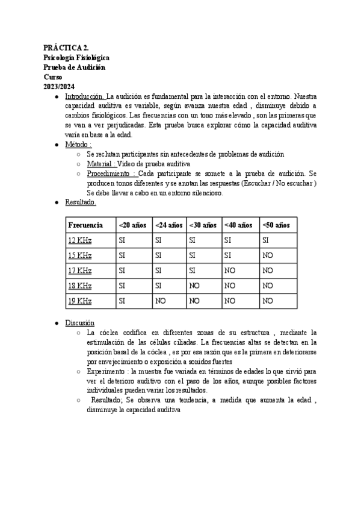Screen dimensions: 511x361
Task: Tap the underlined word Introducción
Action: tap(85, 96)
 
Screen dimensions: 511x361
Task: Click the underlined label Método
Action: tap(78, 145)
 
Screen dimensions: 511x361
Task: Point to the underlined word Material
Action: tap(101, 164)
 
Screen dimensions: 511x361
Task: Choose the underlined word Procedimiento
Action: tap(111, 174)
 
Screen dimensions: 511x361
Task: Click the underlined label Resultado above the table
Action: tap(80, 202)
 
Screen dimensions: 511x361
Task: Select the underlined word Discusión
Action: tap(79, 323)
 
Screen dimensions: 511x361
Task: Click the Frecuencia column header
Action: tap(85, 225)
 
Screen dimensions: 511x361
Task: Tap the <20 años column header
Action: tap(133, 225)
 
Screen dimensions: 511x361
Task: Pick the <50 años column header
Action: tap(276, 225)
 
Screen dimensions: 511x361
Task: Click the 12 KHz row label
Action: tap(80, 240)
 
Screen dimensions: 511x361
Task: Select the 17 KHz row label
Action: tap(80, 271)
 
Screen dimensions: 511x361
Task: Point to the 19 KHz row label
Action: tap(80, 301)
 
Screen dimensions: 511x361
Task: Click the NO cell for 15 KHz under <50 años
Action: tap(268, 255)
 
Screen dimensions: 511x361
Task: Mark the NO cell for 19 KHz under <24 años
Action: tap(160, 301)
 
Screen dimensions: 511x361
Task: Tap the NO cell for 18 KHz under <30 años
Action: tap(194, 286)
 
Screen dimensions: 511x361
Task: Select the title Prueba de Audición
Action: tap(74, 67)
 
